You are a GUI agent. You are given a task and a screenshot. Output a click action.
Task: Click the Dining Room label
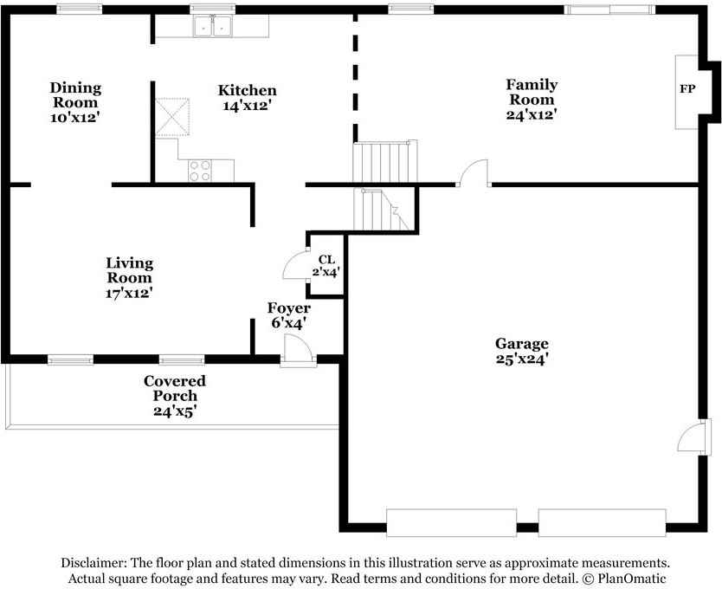[x=75, y=95]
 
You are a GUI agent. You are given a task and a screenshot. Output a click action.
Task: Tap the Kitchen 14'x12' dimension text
[x=247, y=106]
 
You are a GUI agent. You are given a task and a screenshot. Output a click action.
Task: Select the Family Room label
[x=532, y=92]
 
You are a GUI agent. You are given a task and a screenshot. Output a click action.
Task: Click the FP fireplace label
[x=687, y=88]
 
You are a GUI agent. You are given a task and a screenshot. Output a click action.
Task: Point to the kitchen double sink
[x=212, y=26]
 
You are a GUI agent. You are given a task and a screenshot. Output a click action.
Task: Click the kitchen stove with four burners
[x=200, y=171]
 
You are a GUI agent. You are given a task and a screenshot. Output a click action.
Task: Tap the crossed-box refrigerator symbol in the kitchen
[x=172, y=117]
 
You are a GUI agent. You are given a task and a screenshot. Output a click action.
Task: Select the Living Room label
[x=129, y=270]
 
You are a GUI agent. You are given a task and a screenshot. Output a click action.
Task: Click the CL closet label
[x=326, y=260]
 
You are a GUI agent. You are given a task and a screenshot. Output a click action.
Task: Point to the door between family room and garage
[x=474, y=173]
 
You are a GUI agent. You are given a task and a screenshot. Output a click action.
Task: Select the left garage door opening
[x=451, y=523]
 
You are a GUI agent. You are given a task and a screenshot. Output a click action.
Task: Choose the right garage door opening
[x=603, y=523]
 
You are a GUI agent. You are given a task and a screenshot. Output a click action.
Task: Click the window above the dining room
[x=79, y=10]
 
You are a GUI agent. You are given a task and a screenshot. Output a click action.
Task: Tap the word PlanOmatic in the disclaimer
[x=632, y=579]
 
